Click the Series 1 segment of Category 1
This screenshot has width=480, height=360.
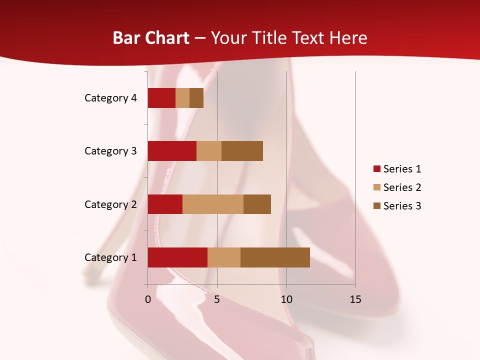coord(177,257)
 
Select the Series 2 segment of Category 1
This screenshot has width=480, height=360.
coord(224,257)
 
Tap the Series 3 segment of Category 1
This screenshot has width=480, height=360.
coord(275,257)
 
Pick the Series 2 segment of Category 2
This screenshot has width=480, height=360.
coord(213,204)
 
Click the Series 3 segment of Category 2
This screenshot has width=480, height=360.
coord(257,204)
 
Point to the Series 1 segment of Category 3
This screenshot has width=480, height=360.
coord(172,151)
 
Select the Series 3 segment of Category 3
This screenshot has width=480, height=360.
coord(242,151)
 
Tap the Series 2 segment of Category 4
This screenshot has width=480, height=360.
coord(182,98)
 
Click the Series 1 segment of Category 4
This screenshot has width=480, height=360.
coord(161,98)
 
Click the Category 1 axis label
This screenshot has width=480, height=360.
coord(110,257)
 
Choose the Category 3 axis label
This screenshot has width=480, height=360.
coord(110,151)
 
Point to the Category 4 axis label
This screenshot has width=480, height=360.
coord(110,98)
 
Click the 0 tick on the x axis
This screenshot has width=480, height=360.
coord(148,299)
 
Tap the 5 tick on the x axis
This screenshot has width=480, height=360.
coord(217,299)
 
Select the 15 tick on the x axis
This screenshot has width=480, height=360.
coord(355,299)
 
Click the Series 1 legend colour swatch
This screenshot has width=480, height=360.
coord(376,169)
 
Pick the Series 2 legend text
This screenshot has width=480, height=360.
coord(402,187)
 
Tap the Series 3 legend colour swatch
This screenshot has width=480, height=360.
coord(376,206)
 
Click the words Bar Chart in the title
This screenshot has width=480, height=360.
coord(151,38)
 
